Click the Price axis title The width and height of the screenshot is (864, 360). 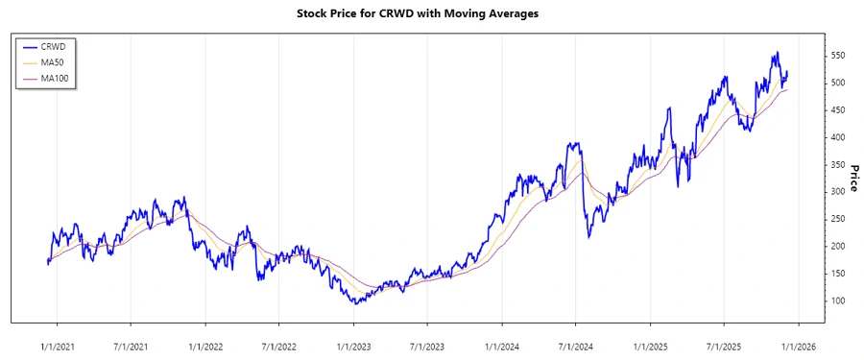click(x=853, y=179)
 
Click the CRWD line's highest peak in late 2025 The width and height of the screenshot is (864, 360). click(x=777, y=52)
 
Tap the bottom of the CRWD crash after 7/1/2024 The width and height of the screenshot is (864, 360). click(x=588, y=237)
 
